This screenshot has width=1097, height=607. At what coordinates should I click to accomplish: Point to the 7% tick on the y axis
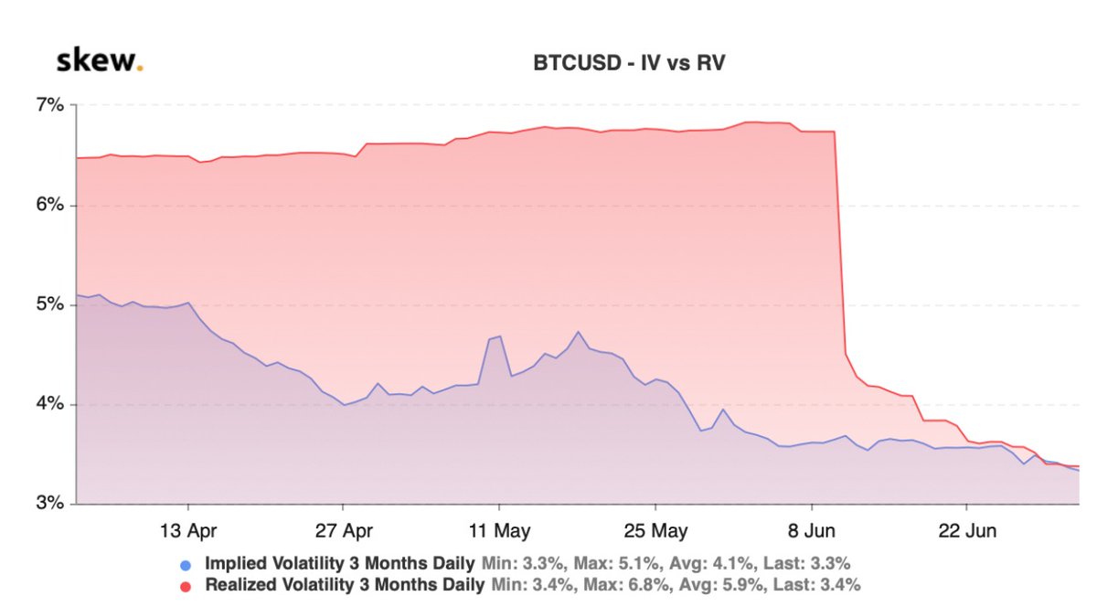point(50,105)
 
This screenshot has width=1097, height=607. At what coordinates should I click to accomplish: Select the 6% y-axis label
point(50,205)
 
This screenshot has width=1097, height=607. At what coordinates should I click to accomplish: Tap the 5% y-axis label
point(50,304)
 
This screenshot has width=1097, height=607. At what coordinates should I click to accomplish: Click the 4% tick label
point(50,404)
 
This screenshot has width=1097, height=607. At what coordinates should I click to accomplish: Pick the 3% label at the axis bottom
point(50,504)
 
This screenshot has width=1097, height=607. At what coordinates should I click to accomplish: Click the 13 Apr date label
point(187,530)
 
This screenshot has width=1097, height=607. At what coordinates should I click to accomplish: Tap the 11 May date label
point(499,530)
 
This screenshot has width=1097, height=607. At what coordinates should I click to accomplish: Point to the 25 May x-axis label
point(655,530)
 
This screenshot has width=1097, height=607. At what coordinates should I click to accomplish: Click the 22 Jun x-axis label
point(967,530)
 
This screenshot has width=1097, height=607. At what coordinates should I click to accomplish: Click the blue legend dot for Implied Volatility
point(186,564)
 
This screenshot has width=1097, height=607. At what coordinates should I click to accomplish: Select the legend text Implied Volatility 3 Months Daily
point(340,563)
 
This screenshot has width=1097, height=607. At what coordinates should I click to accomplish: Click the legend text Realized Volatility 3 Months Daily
point(346,583)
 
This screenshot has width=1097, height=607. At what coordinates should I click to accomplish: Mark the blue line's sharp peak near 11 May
point(499,336)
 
